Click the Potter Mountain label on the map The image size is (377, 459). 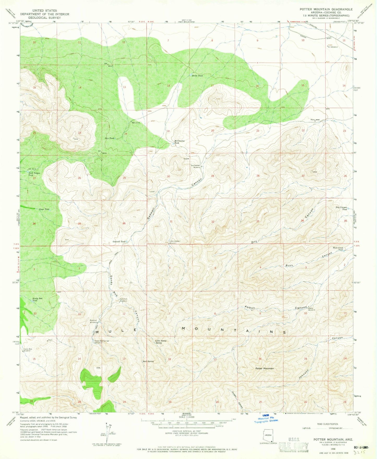click(265, 368)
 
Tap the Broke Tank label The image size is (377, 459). click(197, 75)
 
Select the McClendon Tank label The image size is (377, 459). click(179, 142)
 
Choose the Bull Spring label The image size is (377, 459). click(148, 361)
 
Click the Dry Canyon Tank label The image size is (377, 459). click(342, 208)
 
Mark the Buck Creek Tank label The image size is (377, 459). click(338, 248)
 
